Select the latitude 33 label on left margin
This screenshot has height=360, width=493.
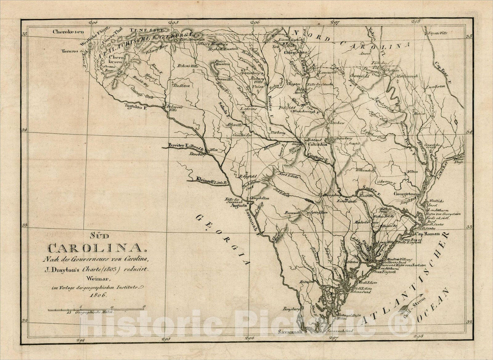24,225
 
